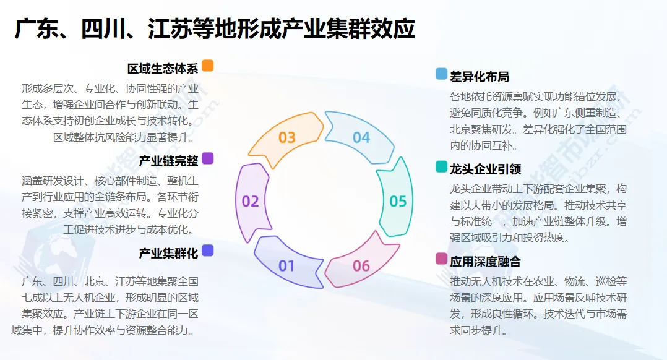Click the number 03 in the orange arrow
[x=286, y=137]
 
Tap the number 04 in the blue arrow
[x=361, y=137]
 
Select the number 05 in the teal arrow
[x=398, y=201]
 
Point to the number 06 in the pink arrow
[x=361, y=266]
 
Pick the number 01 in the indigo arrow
[x=286, y=266]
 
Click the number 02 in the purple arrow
[x=251, y=201]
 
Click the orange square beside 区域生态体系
[x=208, y=66]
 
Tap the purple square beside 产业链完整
[x=208, y=159]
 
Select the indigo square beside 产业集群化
[x=208, y=251]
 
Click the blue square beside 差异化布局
[x=441, y=74]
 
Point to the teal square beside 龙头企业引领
[x=441, y=167]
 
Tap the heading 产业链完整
[x=168, y=161]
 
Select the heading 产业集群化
[x=168, y=253]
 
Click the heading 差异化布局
[x=480, y=77]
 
